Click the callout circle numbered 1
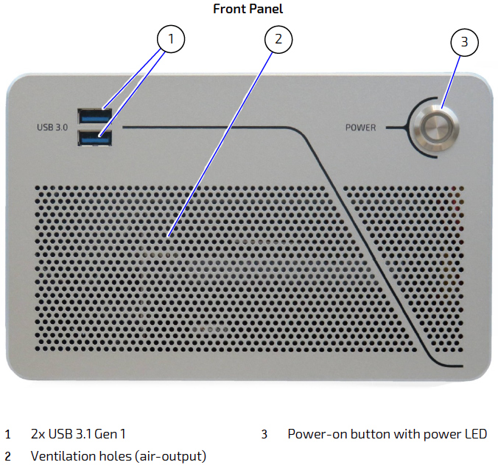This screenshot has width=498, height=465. coord(171,40)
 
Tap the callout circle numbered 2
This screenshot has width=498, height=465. coord(278,40)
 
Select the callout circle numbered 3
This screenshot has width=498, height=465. coord(463,42)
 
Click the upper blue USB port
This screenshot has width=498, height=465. coord(94,116)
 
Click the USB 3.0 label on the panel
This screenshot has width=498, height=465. coord(52,127)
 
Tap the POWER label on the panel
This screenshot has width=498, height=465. coord(361,127)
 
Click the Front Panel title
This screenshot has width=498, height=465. coord(248,9)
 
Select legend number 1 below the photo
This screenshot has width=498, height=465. coord(8,434)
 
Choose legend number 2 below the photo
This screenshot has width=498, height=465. coord(8,456)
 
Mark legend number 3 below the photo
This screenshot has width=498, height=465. coord(264,434)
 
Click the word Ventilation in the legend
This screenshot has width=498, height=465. coord(63,456)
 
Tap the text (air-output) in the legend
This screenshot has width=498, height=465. coord(171,456)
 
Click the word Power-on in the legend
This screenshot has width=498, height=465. coord(315,434)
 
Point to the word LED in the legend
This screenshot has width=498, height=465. coord(474,434)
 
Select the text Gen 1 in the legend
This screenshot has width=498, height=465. coord(119,434)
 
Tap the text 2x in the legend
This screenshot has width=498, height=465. coord(38,434)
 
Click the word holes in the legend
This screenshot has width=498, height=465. coord(116,456)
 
